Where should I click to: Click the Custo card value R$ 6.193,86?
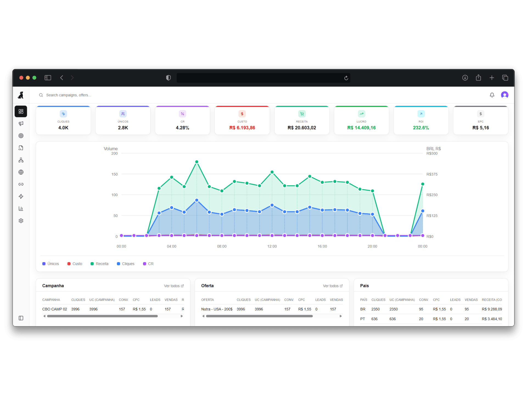coord(242,128)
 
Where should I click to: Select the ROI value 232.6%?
coord(421,128)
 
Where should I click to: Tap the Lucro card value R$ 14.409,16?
coord(361,128)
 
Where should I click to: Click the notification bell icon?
coord(492,95)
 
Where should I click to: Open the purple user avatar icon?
coord(504,95)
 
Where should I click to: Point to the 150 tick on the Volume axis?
coord(114,174)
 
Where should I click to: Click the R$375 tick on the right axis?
coord(432,174)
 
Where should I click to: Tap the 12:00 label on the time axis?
coord(272,246)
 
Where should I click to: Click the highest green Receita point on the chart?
coord(197,162)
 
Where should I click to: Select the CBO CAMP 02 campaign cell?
coord(55,309)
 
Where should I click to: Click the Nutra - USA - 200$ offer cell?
coord(217,309)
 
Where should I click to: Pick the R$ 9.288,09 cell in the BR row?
coord(492,309)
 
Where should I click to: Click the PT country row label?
coord(363,319)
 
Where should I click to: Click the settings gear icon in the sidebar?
coord(21,221)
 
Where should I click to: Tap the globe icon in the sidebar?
coord(21,172)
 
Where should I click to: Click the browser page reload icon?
coord(346,78)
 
